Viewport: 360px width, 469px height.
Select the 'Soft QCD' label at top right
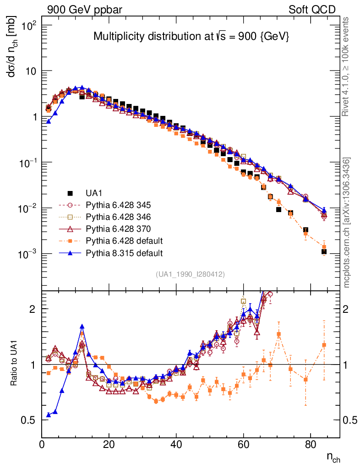[x=312, y=10]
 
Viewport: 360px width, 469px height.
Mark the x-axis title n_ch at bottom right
[x=333, y=457]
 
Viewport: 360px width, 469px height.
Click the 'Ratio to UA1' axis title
[x=14, y=365]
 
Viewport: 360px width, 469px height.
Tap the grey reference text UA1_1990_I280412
[x=191, y=274]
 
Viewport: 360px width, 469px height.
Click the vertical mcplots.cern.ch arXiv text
[x=347, y=222]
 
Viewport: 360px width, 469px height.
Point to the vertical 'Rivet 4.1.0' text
[x=347, y=66]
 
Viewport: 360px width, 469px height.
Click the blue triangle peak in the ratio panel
[x=82, y=327]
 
